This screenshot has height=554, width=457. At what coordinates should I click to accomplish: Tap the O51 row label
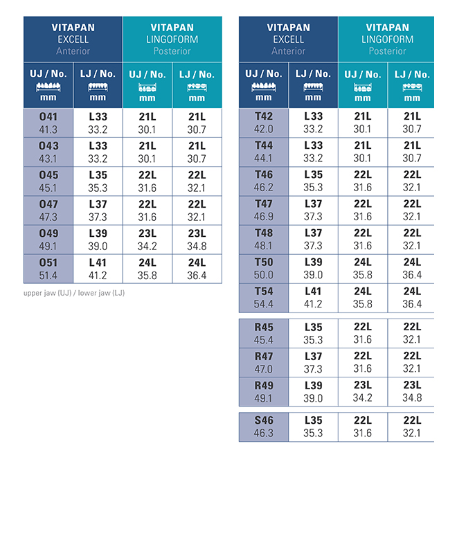click(49, 262)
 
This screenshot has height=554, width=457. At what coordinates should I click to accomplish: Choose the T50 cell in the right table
click(264, 262)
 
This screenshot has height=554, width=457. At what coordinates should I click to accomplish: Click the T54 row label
click(264, 292)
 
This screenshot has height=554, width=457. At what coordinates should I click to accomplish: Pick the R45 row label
click(264, 327)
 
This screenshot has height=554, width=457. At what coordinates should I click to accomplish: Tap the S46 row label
click(264, 420)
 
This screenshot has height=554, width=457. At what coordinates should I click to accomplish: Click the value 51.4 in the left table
click(49, 275)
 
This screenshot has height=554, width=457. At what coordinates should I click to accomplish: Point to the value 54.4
click(264, 304)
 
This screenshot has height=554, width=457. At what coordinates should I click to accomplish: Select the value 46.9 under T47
click(264, 217)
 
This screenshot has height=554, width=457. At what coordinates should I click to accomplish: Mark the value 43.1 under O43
click(49, 159)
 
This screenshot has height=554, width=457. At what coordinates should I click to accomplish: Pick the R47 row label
click(264, 356)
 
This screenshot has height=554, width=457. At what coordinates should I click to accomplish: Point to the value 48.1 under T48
click(264, 246)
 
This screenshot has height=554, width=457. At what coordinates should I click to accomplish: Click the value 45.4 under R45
click(264, 339)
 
